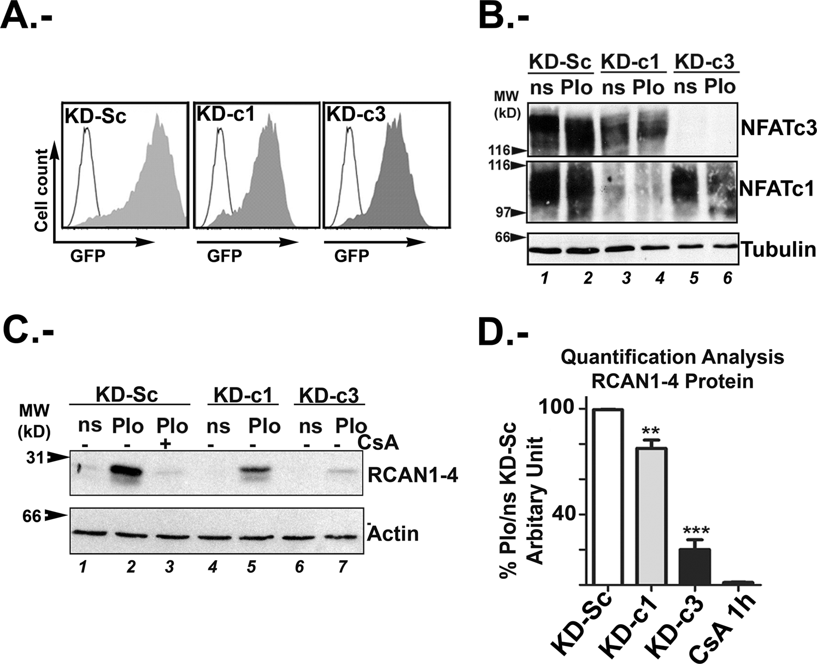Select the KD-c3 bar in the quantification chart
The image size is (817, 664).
coord(694,566)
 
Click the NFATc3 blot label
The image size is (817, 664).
coord(778,128)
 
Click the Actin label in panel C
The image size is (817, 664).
coord(393,533)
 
